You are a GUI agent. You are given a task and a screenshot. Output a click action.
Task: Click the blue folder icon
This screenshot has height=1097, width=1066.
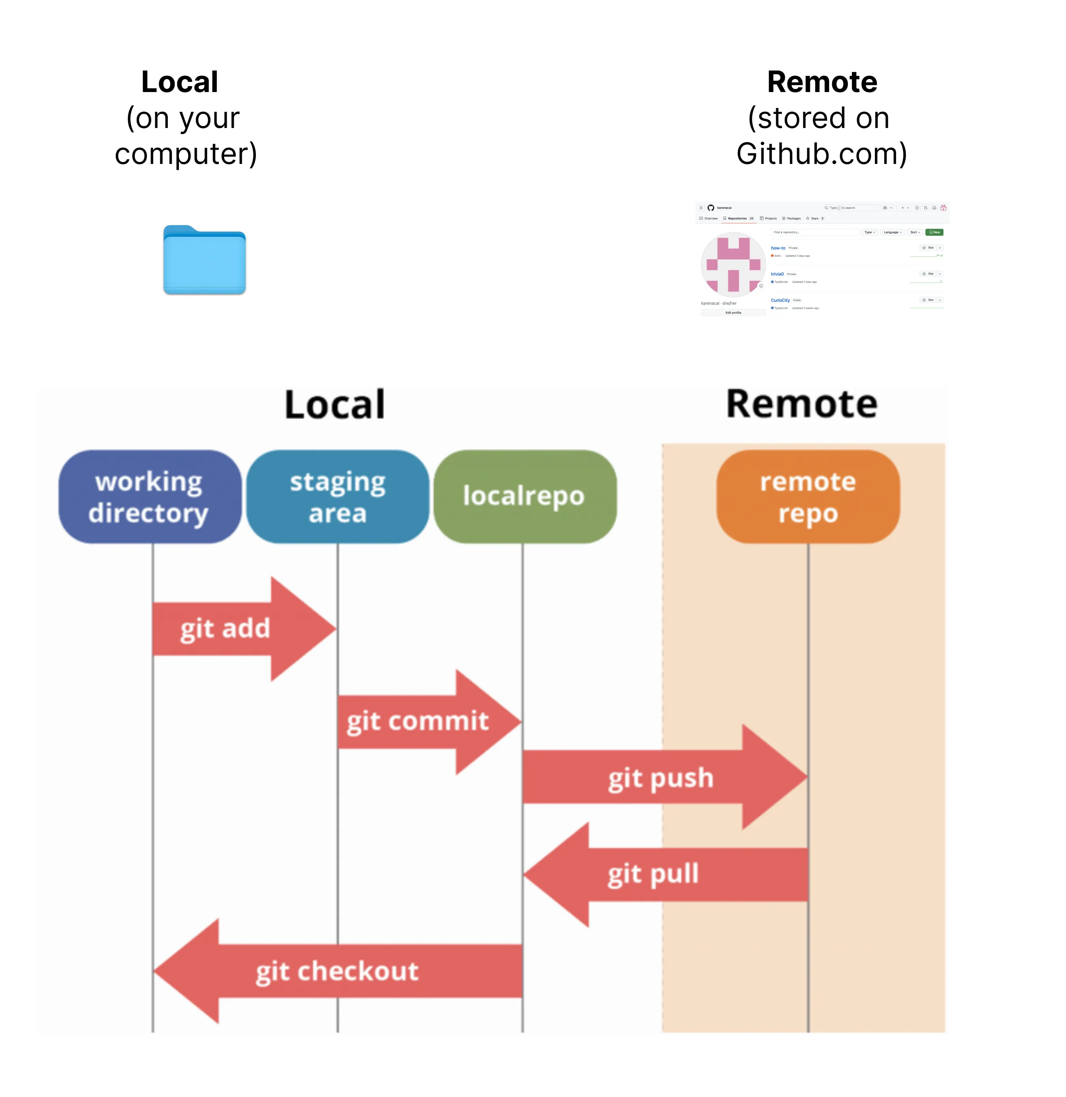coord(204,260)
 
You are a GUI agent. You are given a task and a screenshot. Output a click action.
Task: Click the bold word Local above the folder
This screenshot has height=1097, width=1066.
coord(179,82)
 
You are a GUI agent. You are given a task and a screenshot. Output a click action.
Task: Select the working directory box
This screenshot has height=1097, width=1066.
coord(149,497)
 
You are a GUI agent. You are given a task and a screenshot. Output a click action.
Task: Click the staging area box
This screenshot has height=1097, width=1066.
coord(338,497)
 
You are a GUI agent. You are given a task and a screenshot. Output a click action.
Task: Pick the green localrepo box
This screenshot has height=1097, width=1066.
coord(525,497)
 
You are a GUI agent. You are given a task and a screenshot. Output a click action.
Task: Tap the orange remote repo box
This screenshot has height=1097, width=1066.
coord(808,497)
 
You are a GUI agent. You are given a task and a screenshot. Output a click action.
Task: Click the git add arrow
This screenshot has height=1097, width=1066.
coord(235,629)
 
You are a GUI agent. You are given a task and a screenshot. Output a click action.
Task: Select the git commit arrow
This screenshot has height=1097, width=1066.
coord(420,722)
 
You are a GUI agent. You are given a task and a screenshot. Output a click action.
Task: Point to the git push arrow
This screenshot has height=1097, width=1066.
coord(661,777)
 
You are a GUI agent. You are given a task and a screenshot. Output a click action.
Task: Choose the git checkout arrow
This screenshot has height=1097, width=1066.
coord(336,971)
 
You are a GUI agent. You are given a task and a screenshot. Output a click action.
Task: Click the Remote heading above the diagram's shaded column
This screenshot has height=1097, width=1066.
coord(801,404)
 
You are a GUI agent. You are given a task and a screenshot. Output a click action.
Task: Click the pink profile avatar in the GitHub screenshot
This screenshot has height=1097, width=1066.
coord(733,264)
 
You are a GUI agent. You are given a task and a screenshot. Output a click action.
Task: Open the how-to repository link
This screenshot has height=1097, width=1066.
coord(778,248)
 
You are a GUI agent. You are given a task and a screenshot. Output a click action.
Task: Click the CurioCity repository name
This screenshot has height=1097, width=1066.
coord(780,300)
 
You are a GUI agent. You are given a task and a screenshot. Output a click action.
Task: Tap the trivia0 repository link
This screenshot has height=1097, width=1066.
coord(777,274)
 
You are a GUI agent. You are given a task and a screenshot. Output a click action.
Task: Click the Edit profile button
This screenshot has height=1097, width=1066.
coord(733,312)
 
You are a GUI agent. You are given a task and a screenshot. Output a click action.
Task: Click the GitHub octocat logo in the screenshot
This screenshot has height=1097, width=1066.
coord(711,208)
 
